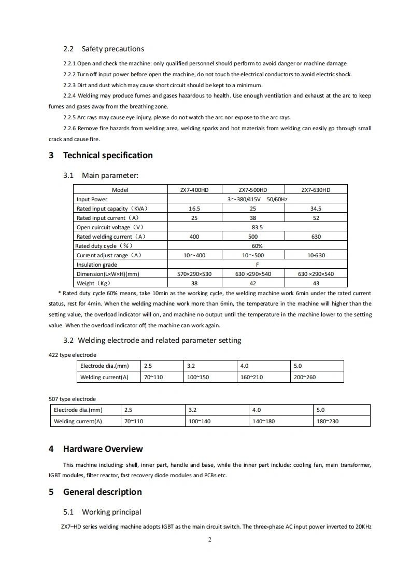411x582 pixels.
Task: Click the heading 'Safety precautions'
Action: [112, 49]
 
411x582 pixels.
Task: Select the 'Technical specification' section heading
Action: [108, 155]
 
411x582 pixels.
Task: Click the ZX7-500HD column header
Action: [253, 190]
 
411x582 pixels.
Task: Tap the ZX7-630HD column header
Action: [316, 190]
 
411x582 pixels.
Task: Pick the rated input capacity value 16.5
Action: [194, 209]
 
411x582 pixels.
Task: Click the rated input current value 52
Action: [316, 218]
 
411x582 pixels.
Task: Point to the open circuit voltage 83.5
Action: [257, 227]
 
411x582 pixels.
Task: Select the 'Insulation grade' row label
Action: [97, 265]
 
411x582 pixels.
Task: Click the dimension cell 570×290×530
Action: [194, 274]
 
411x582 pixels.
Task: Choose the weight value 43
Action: [316, 283]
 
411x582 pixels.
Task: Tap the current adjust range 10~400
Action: [194, 255]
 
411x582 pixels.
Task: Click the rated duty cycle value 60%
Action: [257, 246]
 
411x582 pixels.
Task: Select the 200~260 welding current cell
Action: [305, 377]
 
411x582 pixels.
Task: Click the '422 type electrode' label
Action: [73, 355]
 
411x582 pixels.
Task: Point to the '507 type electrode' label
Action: [73, 399]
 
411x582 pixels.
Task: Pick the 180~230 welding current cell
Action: [328, 421]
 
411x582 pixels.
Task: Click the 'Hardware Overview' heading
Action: [103, 449]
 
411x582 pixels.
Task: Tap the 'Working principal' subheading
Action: [111, 512]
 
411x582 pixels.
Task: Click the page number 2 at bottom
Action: [210, 539]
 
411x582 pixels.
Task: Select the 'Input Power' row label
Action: [92, 199]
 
